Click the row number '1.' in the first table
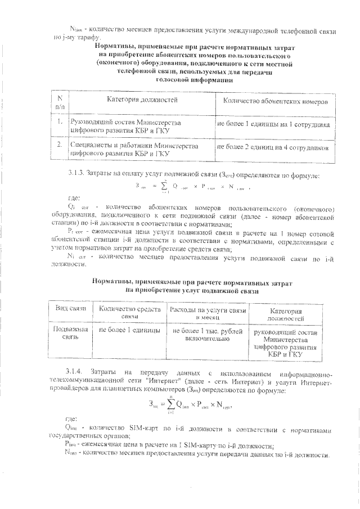point(59,121)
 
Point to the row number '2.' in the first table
point(59,145)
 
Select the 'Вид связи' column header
point(70,309)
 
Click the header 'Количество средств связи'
point(129,313)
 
